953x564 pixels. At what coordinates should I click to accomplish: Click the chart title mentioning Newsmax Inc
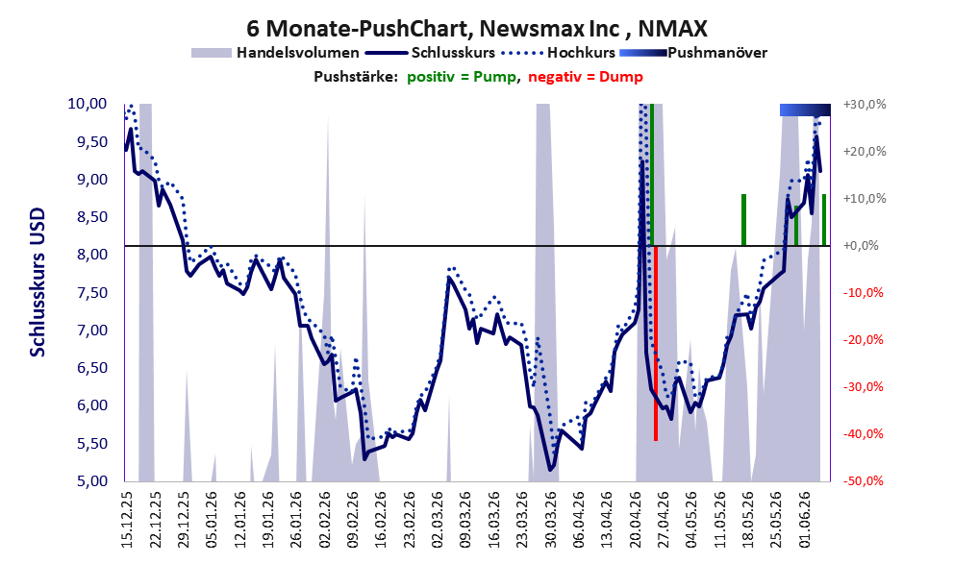point(477,29)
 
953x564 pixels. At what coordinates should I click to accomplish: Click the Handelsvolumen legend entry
point(275,53)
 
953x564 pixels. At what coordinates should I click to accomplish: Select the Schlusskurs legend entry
point(430,53)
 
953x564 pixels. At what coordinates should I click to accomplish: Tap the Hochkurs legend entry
point(559,53)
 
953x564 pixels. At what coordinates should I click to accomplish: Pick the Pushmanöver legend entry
point(693,53)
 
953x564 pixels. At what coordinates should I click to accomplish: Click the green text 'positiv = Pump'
point(462,77)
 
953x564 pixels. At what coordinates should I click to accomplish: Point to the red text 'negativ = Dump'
point(586,77)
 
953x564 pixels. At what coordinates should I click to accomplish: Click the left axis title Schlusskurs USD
point(38,282)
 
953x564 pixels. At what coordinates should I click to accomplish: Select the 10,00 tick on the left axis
point(87,104)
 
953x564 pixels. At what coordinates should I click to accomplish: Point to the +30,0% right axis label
point(865,105)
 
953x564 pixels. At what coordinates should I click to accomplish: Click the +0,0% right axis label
point(861,246)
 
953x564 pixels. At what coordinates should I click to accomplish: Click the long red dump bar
point(656,343)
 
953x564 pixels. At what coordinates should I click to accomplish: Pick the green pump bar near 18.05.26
point(743,220)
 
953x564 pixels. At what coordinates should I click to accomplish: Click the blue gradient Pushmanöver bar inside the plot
point(805,110)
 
